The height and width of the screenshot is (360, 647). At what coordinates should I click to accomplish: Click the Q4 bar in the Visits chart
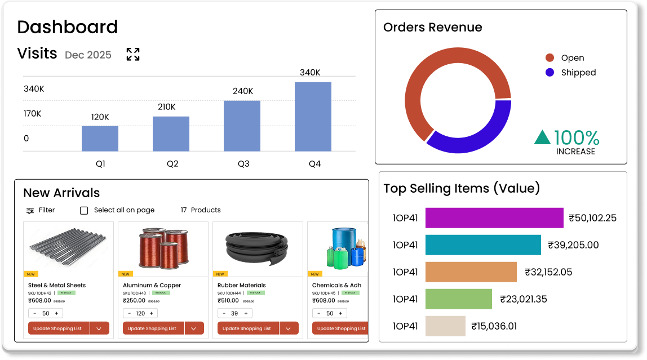tap(313, 117)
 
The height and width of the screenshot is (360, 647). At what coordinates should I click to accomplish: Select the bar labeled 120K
tap(100, 138)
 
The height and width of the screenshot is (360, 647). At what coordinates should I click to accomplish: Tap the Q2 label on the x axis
tap(172, 164)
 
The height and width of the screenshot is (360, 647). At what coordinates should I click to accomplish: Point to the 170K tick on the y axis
tap(32, 114)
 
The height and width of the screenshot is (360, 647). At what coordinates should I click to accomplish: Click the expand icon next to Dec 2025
tap(133, 54)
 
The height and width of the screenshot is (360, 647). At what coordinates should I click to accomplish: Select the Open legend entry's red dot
tap(549, 58)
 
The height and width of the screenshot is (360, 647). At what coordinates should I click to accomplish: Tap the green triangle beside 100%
tap(542, 137)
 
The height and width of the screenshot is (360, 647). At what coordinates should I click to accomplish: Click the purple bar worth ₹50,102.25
tap(494, 218)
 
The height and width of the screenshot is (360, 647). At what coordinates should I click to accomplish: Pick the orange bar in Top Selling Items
tap(471, 272)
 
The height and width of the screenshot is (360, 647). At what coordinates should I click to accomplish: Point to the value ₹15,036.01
tap(494, 326)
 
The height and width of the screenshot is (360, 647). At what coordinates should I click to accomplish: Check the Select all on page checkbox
tap(84, 210)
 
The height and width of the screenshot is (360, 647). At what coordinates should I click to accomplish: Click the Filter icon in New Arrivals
tap(30, 210)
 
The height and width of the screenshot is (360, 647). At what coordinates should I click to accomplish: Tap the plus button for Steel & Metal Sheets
tap(56, 313)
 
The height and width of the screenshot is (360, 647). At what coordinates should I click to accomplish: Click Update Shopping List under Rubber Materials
tap(246, 328)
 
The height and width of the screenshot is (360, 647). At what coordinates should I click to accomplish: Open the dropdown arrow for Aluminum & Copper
tap(194, 328)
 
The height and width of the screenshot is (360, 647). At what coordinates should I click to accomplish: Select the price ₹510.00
tap(229, 301)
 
